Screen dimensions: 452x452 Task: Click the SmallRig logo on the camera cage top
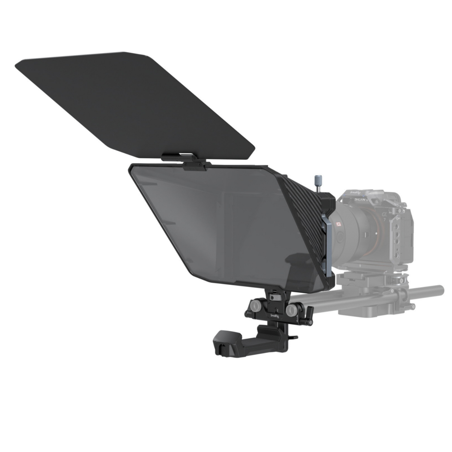tap(354, 193)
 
